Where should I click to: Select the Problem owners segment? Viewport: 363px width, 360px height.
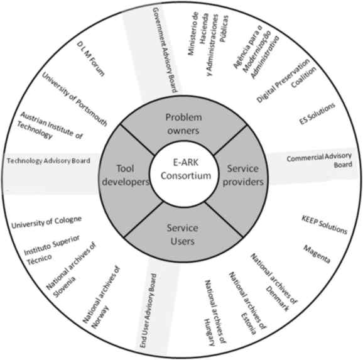[181, 123]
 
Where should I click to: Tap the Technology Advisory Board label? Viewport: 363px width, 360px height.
[49, 161]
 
